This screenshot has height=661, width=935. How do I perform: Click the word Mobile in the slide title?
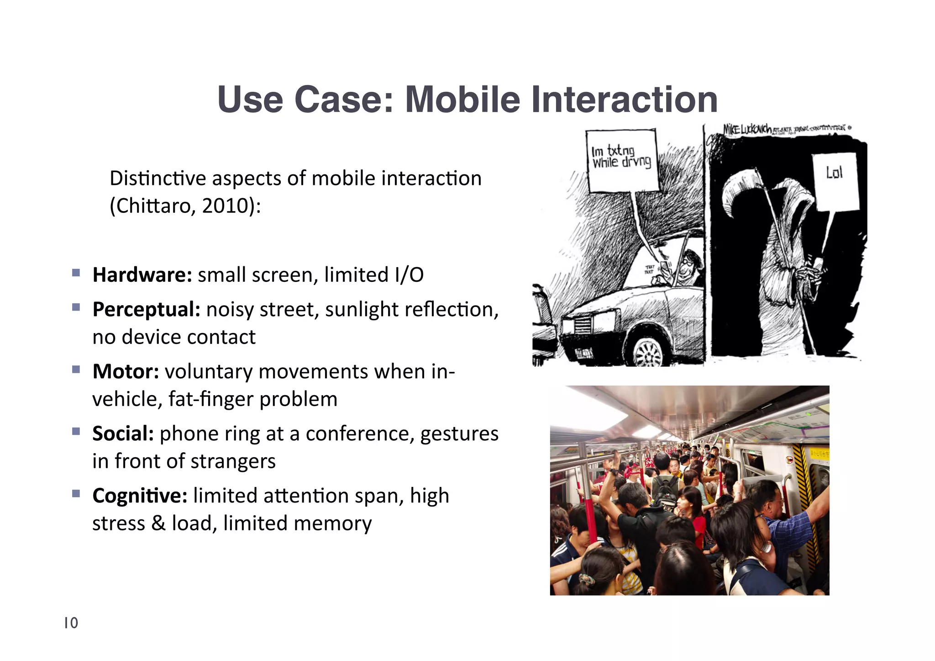point(462,100)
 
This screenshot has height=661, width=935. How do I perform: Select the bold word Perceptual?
point(146,310)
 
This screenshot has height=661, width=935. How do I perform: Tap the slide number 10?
point(71,623)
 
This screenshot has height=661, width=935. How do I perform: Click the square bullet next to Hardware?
point(76,274)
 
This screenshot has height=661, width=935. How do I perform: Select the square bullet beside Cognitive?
point(76,494)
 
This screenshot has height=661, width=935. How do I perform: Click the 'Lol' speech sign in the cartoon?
point(835,180)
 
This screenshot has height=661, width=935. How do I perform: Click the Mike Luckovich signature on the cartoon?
point(747,129)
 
